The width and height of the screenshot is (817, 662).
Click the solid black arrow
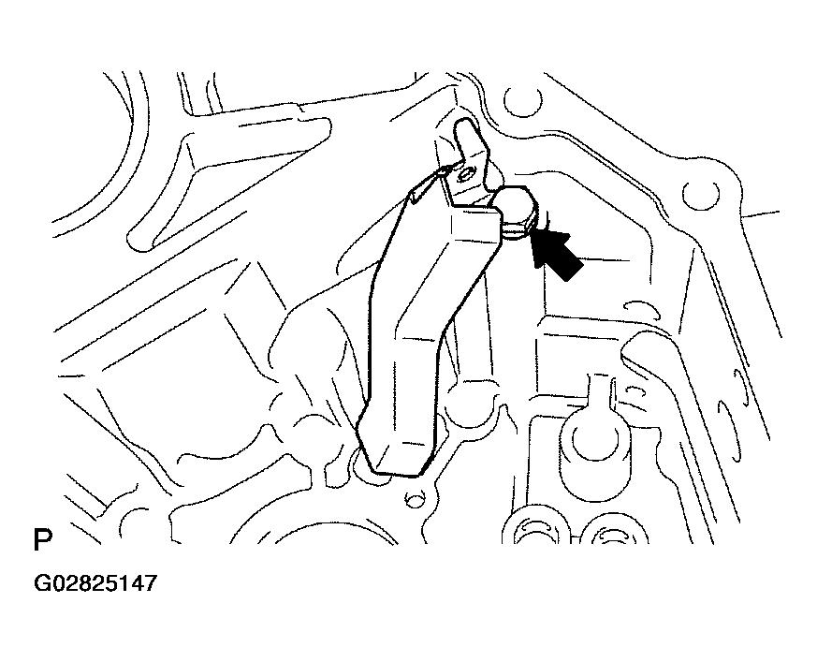click(x=556, y=254)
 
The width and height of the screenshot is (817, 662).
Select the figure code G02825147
click(x=95, y=582)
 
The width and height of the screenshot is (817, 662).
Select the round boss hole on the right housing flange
click(x=701, y=196)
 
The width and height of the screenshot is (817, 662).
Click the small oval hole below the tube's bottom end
click(x=415, y=501)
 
